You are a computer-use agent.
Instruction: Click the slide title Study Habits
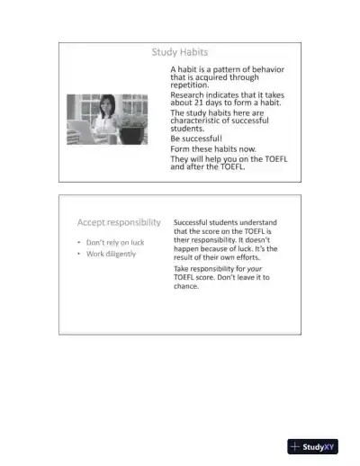(180, 53)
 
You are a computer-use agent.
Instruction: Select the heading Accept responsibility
(119, 222)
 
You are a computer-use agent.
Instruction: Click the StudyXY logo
(312, 447)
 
